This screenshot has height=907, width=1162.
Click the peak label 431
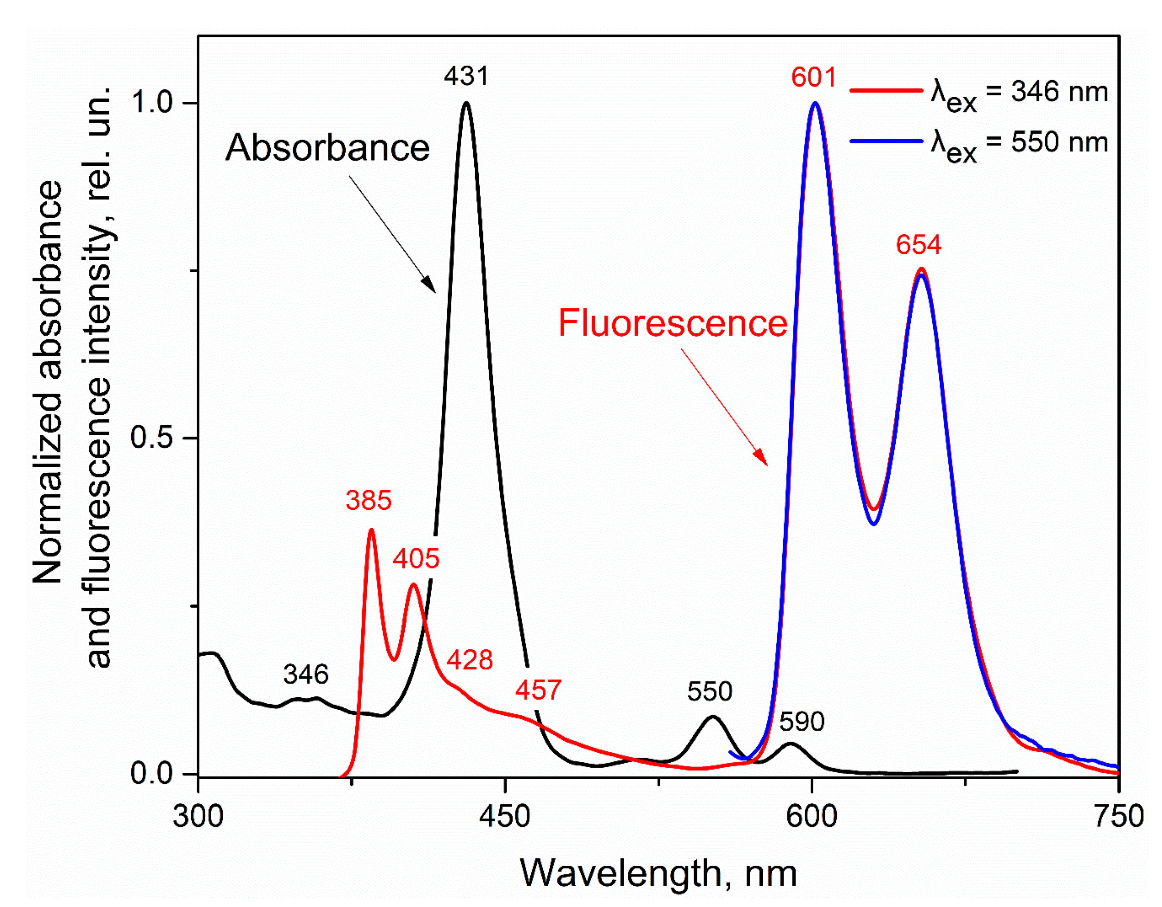[466, 76]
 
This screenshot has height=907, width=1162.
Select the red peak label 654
[918, 245]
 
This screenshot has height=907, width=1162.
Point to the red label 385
[369, 500]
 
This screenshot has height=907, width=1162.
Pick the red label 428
[469, 660]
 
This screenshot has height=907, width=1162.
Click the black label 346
[306, 675]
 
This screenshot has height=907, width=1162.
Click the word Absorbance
[327, 148]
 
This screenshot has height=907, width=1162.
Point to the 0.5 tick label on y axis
[151, 437]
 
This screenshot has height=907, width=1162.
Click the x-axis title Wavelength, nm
[658, 874]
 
